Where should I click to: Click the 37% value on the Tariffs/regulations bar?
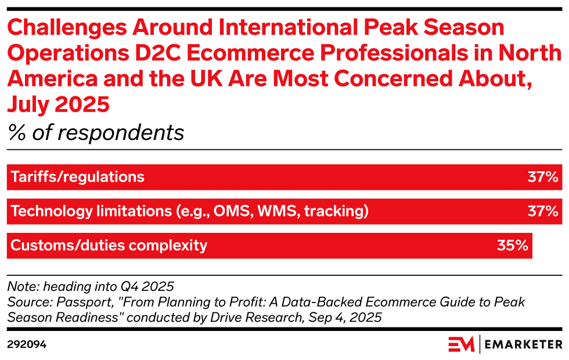pyautogui.click(x=542, y=177)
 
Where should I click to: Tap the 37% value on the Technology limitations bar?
pyautogui.click(x=542, y=211)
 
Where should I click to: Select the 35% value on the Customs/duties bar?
pyautogui.click(x=512, y=246)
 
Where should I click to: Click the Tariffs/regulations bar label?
pyautogui.click(x=78, y=177)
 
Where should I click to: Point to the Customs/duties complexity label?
pyautogui.click(x=109, y=246)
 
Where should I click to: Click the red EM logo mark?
pyautogui.click(x=461, y=344)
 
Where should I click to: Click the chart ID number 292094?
pyautogui.click(x=27, y=344)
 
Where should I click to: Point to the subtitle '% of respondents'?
pyautogui.click(x=96, y=133)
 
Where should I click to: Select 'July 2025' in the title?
pyautogui.click(x=58, y=105)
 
